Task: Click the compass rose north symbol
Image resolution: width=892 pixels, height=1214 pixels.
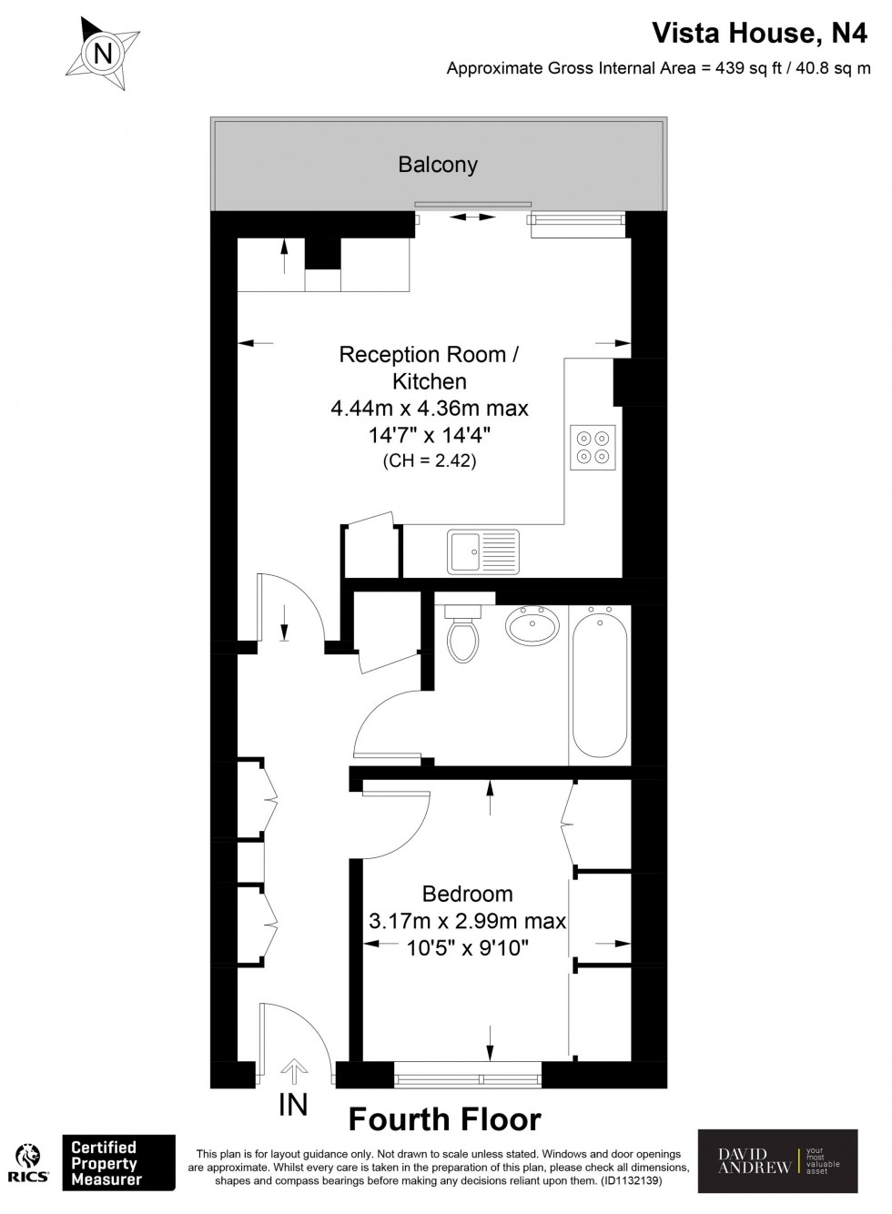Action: (x=103, y=54)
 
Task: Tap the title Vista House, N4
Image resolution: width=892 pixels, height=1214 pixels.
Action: (x=761, y=34)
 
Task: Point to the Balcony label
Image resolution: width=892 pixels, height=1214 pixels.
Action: (x=438, y=165)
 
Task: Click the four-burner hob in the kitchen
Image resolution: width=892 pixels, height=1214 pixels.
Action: (x=593, y=447)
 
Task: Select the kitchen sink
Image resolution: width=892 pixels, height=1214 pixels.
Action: (x=482, y=551)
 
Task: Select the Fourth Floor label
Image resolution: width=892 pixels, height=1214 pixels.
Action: (x=445, y=1118)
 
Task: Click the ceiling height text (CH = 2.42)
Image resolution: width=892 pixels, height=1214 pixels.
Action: (x=430, y=461)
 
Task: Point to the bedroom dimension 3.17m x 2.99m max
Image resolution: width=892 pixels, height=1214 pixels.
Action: (x=467, y=921)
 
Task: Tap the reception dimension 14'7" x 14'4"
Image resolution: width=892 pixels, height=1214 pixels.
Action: (x=430, y=434)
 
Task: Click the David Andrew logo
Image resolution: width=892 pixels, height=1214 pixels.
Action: (x=777, y=1161)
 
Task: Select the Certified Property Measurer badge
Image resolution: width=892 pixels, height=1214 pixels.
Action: (x=117, y=1162)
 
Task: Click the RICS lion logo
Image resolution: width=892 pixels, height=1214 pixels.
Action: (x=28, y=1162)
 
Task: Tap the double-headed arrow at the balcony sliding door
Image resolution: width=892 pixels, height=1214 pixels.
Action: (x=474, y=218)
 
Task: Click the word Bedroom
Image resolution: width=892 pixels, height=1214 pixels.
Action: (x=467, y=894)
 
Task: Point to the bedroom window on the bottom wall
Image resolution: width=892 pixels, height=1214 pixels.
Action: (x=468, y=1079)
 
